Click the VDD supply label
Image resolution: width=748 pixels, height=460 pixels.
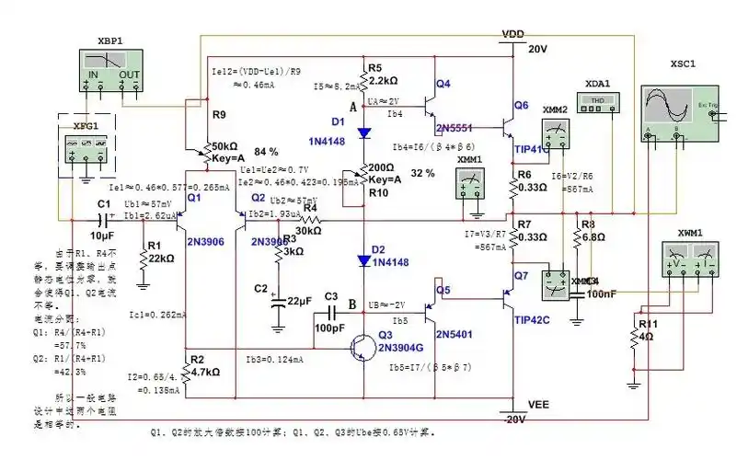[513, 34]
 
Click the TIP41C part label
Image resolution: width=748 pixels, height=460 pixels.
[532, 148]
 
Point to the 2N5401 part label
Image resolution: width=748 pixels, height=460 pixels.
[454, 333]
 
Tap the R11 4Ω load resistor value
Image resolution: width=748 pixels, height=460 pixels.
[646, 336]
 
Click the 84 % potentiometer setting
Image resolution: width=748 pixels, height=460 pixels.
[266, 151]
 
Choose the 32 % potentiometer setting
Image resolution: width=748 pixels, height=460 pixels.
[422, 174]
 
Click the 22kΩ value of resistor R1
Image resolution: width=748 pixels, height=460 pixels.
[161, 259]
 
